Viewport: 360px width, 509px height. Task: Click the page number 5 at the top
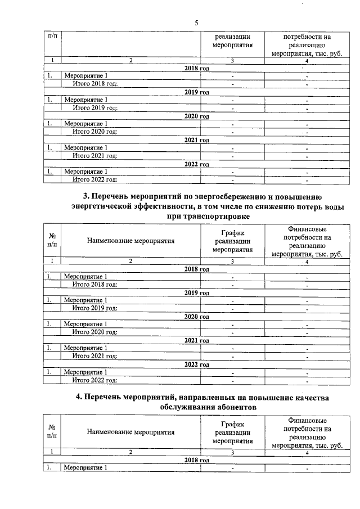[x=196, y=22]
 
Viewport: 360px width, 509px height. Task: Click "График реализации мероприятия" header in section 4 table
[x=232, y=432]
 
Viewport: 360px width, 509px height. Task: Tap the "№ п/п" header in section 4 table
[x=52, y=432]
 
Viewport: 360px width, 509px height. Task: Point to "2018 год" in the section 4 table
[x=197, y=460]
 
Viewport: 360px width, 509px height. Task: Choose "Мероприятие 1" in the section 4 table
[x=85, y=467]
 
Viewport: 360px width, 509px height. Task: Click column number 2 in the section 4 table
[x=130, y=452]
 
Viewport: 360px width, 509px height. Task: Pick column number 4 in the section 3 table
[x=307, y=261]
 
